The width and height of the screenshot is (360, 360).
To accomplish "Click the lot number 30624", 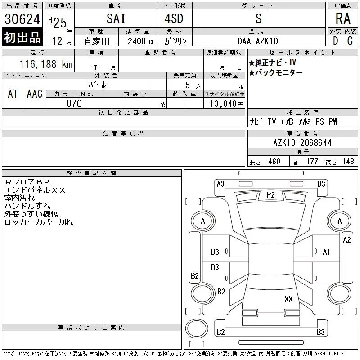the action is [x=22, y=19].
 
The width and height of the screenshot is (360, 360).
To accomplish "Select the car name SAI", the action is [x=116, y=18].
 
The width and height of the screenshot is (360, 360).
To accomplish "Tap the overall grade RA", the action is [x=343, y=18].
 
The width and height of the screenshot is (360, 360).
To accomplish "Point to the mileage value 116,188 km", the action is [x=46, y=64].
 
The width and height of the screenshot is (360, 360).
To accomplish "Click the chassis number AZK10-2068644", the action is [x=302, y=143].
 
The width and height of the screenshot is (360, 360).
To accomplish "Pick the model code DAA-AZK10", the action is [x=258, y=41].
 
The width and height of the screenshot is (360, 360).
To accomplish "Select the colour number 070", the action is [x=74, y=103].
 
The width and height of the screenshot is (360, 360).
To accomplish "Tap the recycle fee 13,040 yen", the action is [x=226, y=104].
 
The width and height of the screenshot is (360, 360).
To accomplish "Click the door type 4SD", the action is [x=174, y=18].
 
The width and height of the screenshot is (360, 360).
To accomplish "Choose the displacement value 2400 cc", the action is [x=141, y=41].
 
